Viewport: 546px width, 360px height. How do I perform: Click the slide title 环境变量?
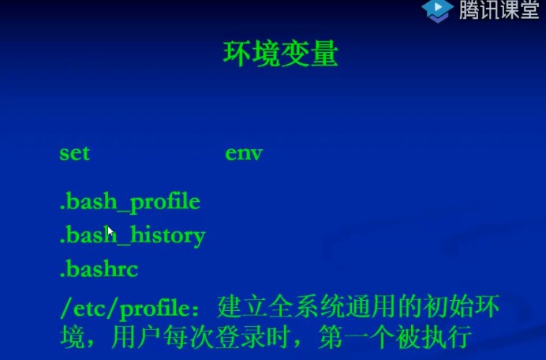pos(281,54)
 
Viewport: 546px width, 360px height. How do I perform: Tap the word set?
pos(75,153)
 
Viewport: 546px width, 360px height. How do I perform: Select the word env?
pos(244,153)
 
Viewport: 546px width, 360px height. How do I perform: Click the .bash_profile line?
pos(130,202)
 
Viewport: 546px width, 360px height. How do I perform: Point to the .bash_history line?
pos(133,235)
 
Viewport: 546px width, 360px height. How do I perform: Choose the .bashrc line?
pos(99,269)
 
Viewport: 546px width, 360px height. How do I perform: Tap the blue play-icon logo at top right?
pos(436,10)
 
